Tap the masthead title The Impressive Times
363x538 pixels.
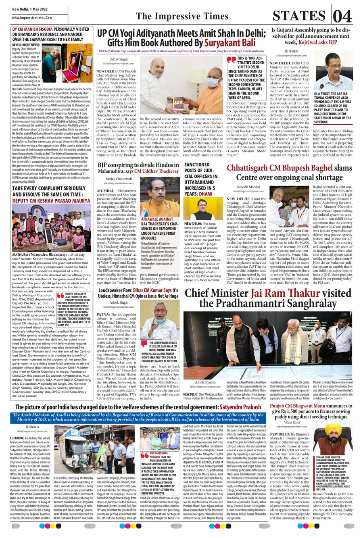[182, 16]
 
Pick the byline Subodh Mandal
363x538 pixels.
[248, 187]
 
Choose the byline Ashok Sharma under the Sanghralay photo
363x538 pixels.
[205, 382]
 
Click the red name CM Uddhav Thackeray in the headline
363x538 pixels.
[156, 171]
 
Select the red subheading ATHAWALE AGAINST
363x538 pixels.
[157, 219]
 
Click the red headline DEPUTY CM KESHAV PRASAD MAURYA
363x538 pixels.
[51, 200]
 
